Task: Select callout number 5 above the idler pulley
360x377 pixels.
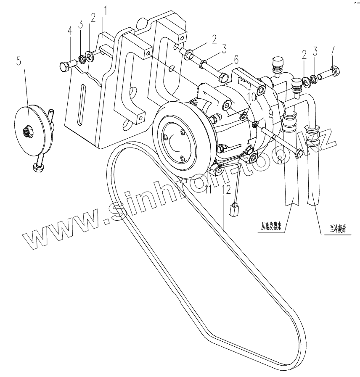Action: [x=19, y=61]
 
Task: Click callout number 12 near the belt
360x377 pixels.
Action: [x=227, y=189]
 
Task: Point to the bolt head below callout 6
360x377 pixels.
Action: [x=224, y=78]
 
